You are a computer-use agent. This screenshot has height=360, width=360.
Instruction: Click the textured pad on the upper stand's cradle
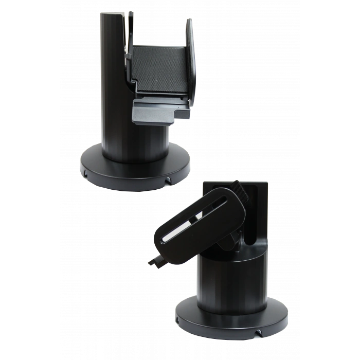159,67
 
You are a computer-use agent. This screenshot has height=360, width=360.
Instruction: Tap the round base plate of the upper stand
134,170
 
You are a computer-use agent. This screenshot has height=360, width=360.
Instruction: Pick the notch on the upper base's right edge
168,181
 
